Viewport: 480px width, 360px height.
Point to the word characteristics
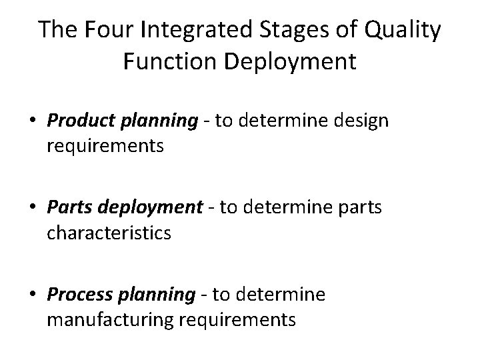point(109,233)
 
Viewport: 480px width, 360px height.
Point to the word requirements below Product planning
point(105,146)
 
